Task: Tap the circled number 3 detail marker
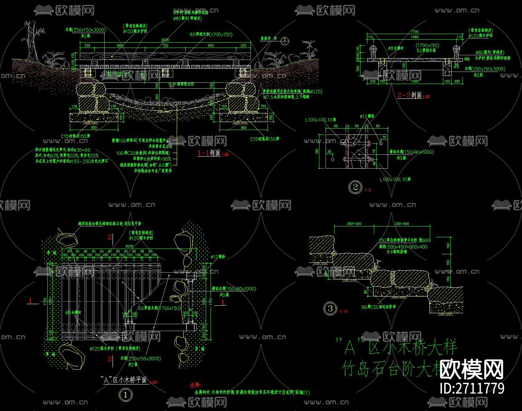[x=330, y=309]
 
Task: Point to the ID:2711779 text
[x=472, y=388]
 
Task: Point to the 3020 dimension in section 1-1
[x=165, y=40]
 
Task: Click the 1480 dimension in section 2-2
[x=414, y=37]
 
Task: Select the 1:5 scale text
[x=368, y=190]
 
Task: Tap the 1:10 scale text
[x=343, y=311]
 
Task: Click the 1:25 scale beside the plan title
[x=154, y=382]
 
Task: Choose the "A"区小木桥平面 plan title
[x=123, y=380]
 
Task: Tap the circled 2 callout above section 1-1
[x=285, y=40]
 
